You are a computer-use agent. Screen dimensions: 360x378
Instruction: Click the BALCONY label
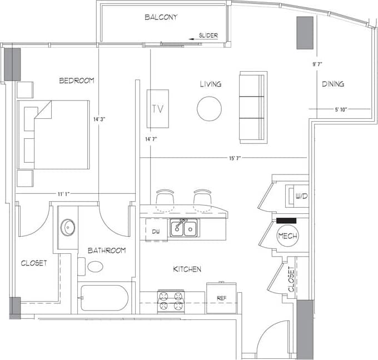tap(161, 17)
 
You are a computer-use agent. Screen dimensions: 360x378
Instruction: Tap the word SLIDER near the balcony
tap(208, 36)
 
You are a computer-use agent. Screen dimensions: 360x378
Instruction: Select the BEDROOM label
tap(77, 81)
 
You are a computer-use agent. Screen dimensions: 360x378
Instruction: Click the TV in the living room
tap(158, 108)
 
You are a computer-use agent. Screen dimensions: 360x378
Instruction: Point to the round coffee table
tap(210, 109)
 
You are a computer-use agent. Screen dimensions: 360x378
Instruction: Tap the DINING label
tap(333, 84)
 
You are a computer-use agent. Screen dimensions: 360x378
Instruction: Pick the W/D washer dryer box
tap(297, 196)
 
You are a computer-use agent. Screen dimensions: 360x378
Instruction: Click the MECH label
tap(288, 236)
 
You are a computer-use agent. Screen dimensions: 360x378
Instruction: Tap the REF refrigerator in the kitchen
tap(221, 298)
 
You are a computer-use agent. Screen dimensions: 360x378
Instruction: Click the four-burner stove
tap(171, 301)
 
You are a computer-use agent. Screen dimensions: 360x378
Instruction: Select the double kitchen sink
tap(183, 228)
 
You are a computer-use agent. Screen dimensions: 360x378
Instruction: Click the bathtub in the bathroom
tap(104, 298)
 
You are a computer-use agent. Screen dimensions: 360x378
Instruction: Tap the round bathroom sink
tap(68, 227)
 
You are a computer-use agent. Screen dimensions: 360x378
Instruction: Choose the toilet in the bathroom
tap(93, 266)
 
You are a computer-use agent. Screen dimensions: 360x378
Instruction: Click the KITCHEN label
tap(187, 269)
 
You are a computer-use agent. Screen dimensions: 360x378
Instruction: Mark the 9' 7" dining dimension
tap(318, 64)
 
